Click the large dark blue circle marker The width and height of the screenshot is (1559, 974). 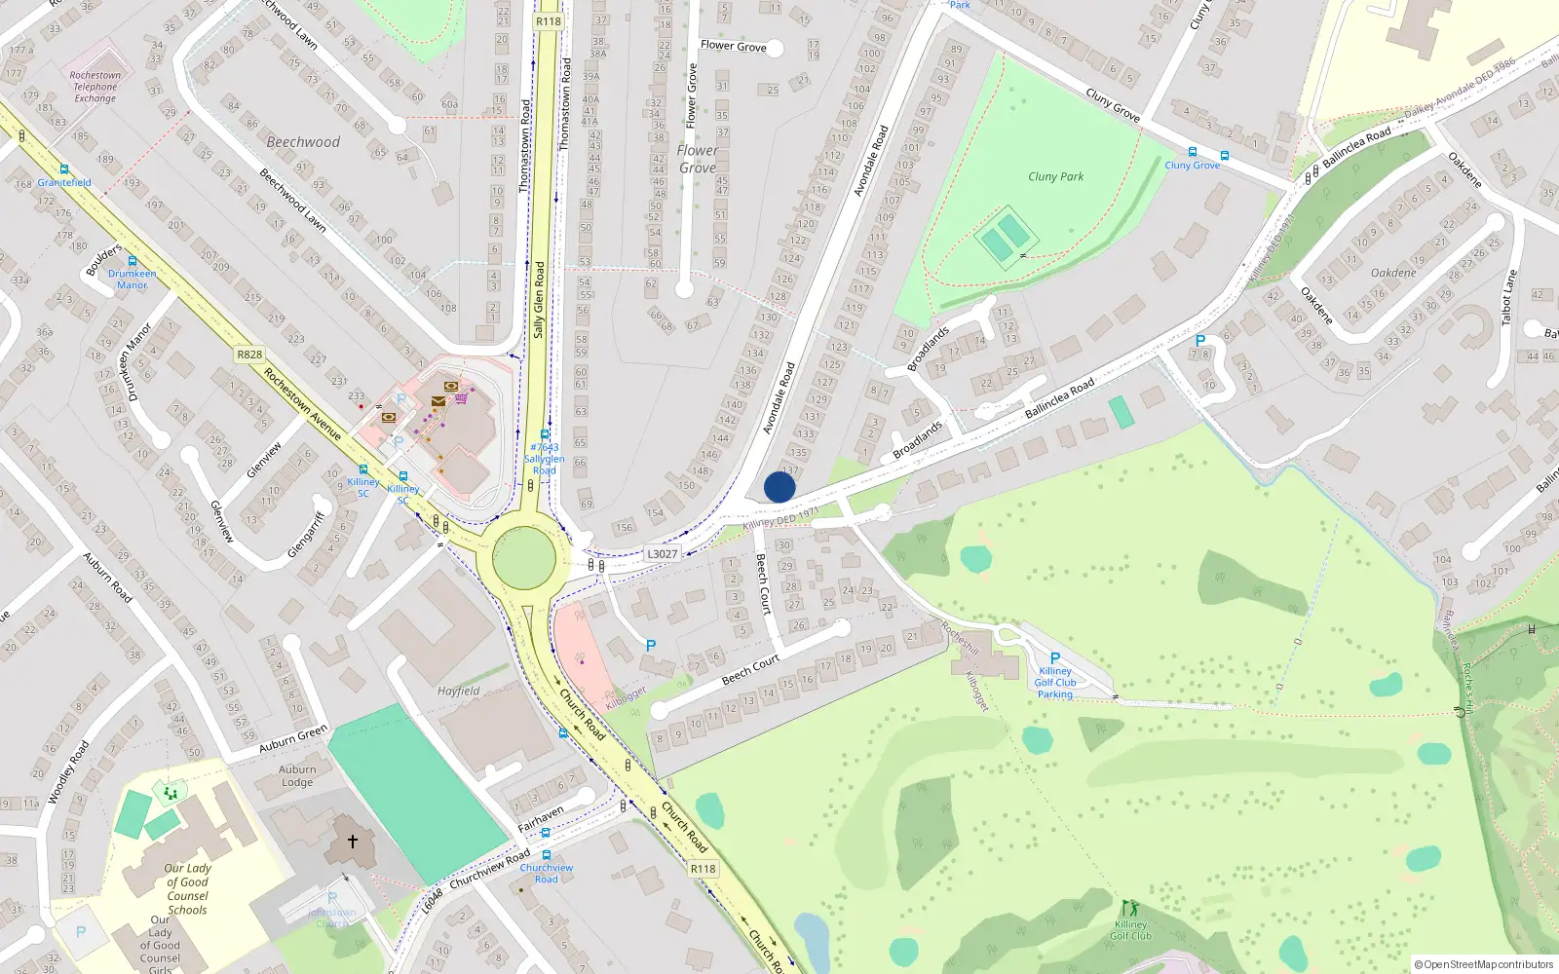pyautogui.click(x=779, y=487)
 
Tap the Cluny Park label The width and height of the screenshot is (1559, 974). pyautogui.click(x=1055, y=176)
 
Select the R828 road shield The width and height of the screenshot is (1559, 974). pyautogui.click(x=249, y=355)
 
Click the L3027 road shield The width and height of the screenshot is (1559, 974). pyautogui.click(x=662, y=553)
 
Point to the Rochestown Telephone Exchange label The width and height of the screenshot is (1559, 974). pyautogui.click(x=95, y=87)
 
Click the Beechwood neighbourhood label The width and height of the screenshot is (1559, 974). pyautogui.click(x=303, y=142)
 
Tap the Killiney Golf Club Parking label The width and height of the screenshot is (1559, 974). pyautogui.click(x=1054, y=682)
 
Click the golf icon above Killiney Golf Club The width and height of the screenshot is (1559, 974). pyautogui.click(x=1129, y=908)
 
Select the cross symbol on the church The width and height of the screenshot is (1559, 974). pyautogui.click(x=353, y=841)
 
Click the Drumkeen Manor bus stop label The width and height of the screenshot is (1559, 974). pyautogui.click(x=132, y=280)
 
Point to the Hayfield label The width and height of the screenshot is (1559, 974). pyautogui.click(x=458, y=691)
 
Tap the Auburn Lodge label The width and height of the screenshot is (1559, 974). pyautogui.click(x=297, y=775)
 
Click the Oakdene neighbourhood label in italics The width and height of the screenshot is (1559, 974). pyautogui.click(x=1393, y=273)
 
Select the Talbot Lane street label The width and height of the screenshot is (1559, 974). pyautogui.click(x=1508, y=297)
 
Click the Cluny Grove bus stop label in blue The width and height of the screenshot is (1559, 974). pyautogui.click(x=1192, y=166)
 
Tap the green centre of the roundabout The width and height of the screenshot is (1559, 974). pyautogui.click(x=524, y=558)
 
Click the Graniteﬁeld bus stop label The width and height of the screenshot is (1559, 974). pyautogui.click(x=64, y=182)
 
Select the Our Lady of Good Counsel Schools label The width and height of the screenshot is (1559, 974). pyautogui.click(x=187, y=888)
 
